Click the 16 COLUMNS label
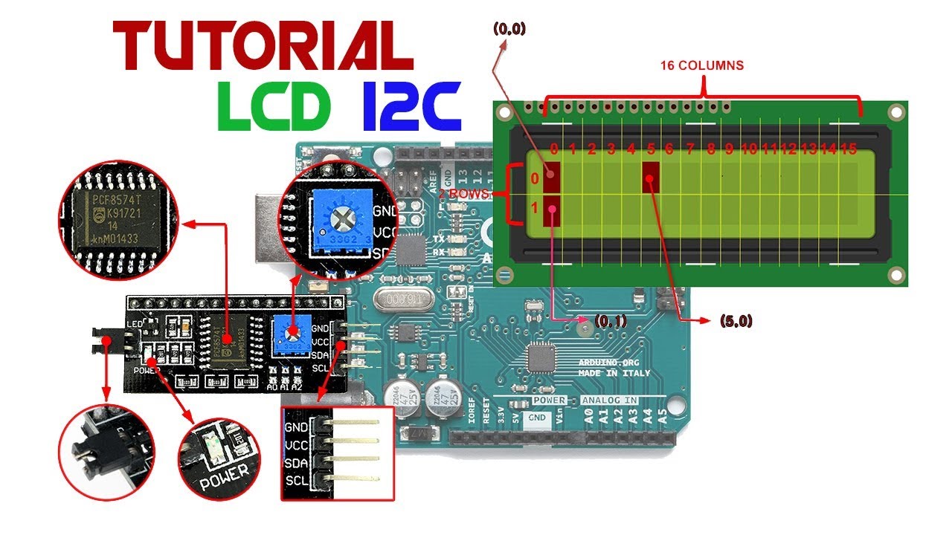tap(701, 65)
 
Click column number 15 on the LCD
tap(848, 149)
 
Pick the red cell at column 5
tap(652, 176)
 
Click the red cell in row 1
tap(551, 211)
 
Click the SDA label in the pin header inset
tap(297, 463)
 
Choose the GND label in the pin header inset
tap(297, 427)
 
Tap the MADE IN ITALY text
tap(614, 373)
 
